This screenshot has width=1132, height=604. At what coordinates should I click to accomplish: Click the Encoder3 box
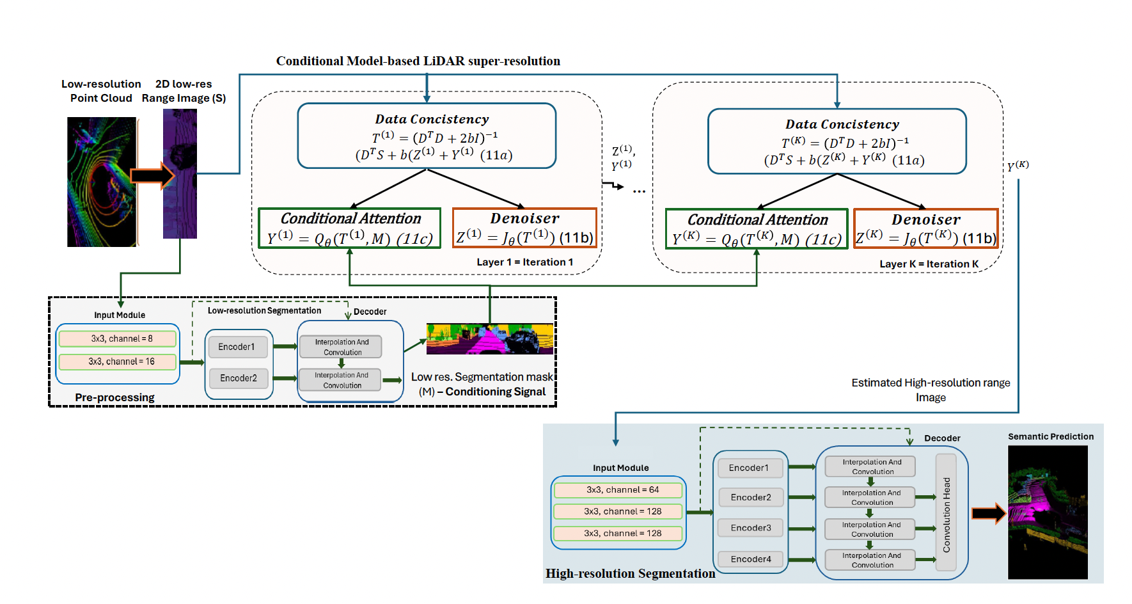(x=751, y=528)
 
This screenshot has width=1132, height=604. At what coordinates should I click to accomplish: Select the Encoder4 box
(x=751, y=559)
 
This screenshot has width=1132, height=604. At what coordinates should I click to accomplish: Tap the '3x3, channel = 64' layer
(x=618, y=490)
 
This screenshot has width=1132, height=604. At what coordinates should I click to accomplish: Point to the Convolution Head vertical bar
(x=946, y=513)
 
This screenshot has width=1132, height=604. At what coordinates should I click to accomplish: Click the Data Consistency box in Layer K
(x=837, y=141)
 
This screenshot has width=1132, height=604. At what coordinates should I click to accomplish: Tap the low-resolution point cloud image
(x=102, y=182)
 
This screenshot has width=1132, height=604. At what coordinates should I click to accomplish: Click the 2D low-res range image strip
(x=180, y=174)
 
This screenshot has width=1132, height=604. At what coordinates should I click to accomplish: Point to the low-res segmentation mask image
(x=489, y=338)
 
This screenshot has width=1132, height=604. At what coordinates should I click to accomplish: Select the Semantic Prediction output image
(x=1048, y=512)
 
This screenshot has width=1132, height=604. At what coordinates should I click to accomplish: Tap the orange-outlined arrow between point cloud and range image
(x=152, y=175)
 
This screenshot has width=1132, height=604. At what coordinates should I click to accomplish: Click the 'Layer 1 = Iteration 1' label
(x=524, y=262)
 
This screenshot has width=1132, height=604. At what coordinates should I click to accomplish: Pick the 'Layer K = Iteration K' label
(x=929, y=264)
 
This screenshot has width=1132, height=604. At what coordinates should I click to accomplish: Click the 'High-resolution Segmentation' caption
(x=630, y=574)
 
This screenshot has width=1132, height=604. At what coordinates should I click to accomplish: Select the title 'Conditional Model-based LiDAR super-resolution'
(x=418, y=61)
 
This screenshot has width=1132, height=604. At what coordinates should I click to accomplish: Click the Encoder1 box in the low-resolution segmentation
(x=237, y=347)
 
